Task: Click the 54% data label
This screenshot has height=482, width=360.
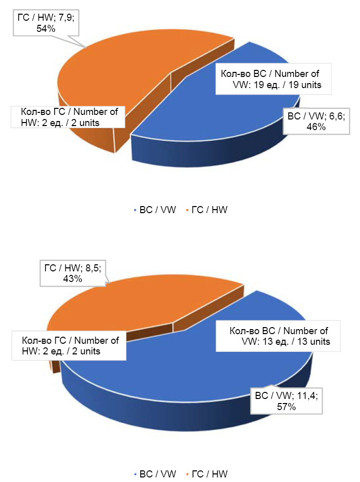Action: [46, 29]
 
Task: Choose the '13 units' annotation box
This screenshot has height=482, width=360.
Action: [279, 336]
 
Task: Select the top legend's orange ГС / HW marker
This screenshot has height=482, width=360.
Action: [187, 210]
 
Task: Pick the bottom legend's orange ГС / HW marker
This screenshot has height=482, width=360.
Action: [187, 474]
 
